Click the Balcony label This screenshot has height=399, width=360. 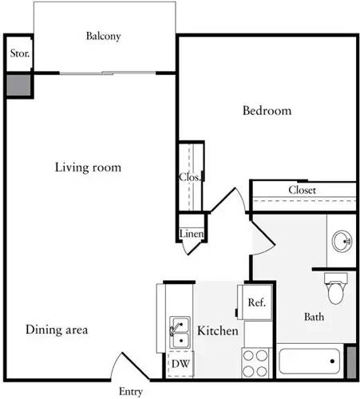(103, 36)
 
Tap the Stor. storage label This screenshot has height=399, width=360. (18, 54)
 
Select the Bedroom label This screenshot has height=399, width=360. (267, 111)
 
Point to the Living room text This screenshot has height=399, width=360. (88, 168)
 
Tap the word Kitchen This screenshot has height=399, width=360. (217, 330)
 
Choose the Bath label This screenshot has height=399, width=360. (315, 317)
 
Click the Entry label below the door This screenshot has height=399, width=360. (131, 392)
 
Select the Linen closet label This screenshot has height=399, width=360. (192, 234)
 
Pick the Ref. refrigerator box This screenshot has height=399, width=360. (256, 303)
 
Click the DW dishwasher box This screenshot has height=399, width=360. (180, 364)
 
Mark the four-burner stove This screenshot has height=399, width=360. (256, 363)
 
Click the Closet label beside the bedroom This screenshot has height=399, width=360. (303, 191)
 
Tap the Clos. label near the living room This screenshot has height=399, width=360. (188, 177)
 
